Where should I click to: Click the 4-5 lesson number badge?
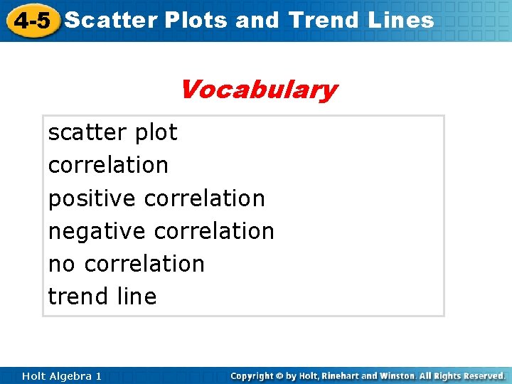pos(31,21)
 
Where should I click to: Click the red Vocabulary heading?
pos(258,90)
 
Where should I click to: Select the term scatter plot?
pos(112,132)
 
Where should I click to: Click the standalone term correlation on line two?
pos(108,165)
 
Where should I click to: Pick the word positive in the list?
pos(92,198)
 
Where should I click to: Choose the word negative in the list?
pos(97,231)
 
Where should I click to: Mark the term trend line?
pos(102,297)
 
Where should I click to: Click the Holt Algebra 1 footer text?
pos(62,375)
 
